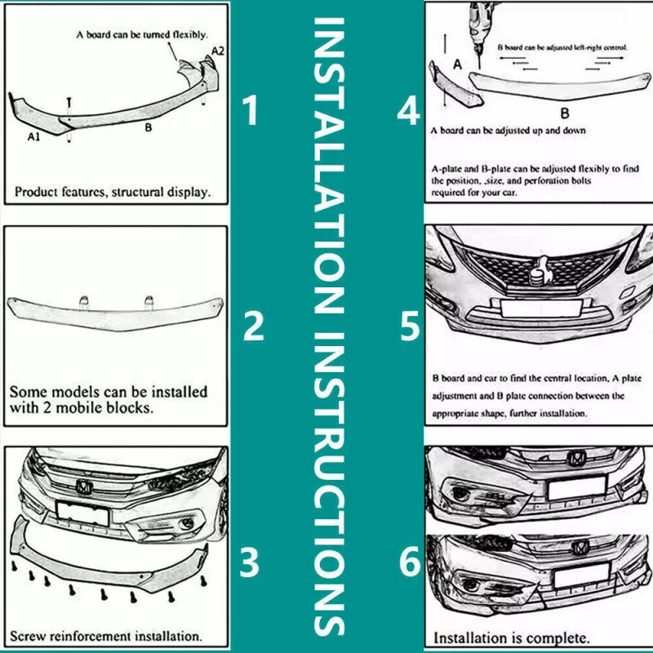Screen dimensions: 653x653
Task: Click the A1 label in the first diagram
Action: click(33, 138)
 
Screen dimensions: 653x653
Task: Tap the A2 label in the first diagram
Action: click(218, 51)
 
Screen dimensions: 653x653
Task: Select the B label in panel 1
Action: click(148, 128)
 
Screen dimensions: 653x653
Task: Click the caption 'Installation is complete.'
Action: click(511, 636)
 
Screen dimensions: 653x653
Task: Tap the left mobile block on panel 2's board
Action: click(84, 301)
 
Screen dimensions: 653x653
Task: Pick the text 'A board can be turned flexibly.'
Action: click(141, 34)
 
